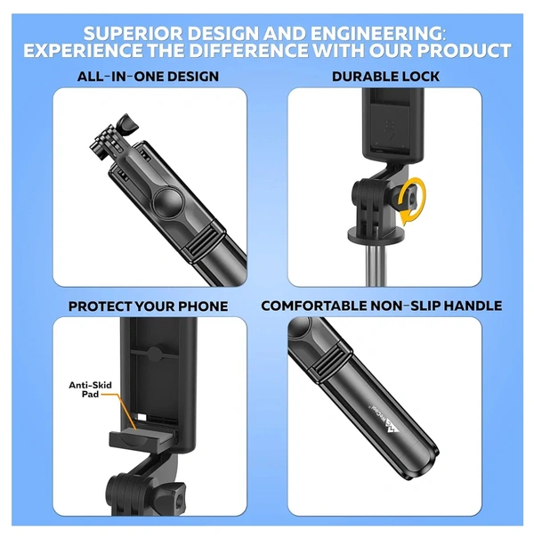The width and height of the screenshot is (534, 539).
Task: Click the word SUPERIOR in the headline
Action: pos(133,34)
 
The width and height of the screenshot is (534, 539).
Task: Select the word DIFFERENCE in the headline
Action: pos(248,51)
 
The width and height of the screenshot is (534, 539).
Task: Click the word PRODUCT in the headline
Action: pos(464,51)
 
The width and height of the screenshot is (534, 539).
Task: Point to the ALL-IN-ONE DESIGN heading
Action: pos(148,77)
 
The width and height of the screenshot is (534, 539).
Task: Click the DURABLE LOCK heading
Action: pos(385,77)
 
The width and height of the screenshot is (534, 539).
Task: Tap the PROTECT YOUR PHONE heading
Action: pos(148,306)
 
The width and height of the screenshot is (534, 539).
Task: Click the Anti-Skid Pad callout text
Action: pos(90,389)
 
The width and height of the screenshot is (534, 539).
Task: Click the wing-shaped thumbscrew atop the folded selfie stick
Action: pos(127,125)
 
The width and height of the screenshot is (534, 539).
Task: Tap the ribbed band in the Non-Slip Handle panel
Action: pos(330,363)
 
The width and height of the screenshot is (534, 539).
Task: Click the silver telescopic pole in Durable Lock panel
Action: pos(376,265)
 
